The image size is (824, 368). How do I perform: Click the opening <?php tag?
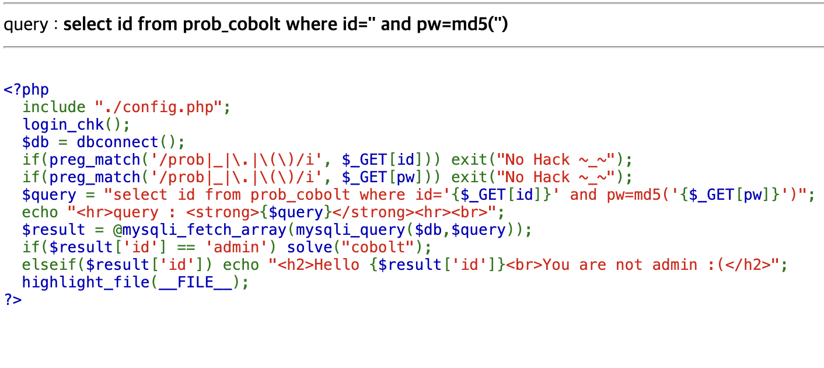(26, 90)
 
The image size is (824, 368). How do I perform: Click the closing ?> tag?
(13, 300)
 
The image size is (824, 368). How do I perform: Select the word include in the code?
(54, 107)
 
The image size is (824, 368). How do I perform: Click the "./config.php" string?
(158, 107)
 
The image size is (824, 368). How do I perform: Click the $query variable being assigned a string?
(49, 195)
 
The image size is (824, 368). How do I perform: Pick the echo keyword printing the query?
(40, 213)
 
